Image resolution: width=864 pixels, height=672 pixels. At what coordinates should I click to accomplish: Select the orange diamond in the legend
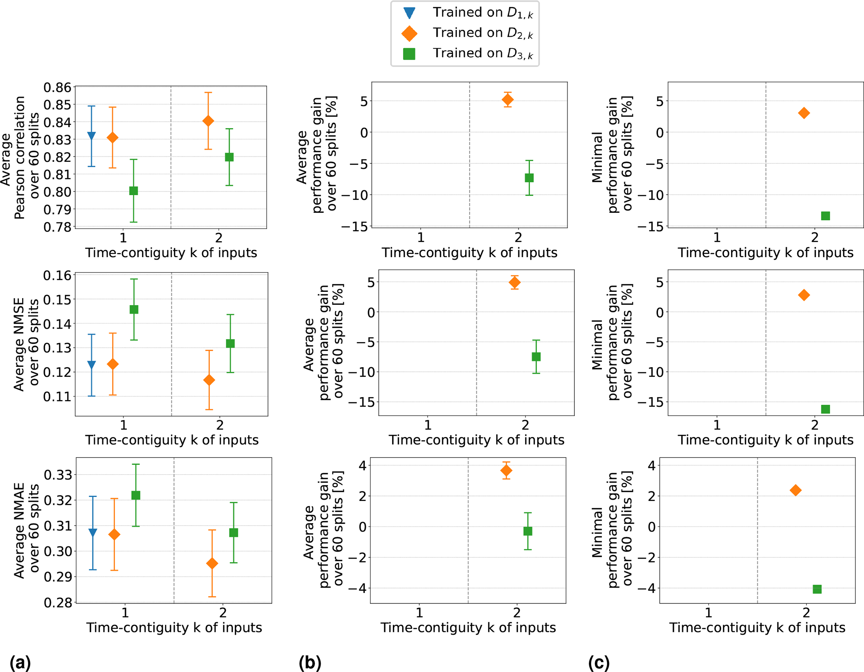pos(409,33)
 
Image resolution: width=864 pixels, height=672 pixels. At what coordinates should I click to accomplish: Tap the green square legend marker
pos(409,54)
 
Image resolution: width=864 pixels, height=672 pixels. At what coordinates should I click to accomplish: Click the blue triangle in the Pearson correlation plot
pos(92,135)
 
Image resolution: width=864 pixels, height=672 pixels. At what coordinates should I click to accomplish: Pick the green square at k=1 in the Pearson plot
pos(134,191)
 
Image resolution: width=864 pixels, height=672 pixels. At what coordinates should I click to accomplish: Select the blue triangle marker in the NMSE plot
pos(92,365)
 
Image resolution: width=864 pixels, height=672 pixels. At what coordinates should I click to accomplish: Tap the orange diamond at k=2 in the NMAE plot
pos(212,563)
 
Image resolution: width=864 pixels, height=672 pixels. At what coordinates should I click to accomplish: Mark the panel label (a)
pos(20,663)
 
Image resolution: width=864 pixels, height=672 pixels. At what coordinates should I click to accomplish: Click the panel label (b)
pos(310,663)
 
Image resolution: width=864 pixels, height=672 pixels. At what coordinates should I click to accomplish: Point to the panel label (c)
pos(599,663)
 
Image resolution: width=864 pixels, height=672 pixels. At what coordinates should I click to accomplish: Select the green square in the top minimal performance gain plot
pos(825,216)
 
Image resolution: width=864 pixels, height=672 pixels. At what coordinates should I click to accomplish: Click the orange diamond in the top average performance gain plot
pos(507,100)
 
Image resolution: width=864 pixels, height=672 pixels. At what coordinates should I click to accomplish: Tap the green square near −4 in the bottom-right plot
pos(817,589)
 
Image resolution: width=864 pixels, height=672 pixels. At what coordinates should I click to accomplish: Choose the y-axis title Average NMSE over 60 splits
pos(26,344)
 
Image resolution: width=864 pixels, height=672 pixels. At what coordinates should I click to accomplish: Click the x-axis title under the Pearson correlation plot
pos(171,253)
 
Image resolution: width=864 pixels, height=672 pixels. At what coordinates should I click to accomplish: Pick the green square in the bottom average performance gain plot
pos(528,531)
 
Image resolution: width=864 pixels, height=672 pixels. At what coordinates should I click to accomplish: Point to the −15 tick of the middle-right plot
pos(648,403)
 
